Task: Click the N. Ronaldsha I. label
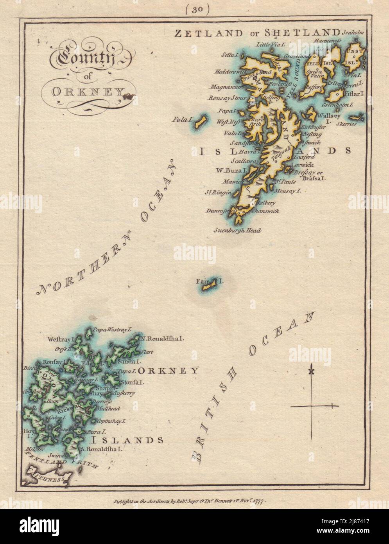pos(162,338)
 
